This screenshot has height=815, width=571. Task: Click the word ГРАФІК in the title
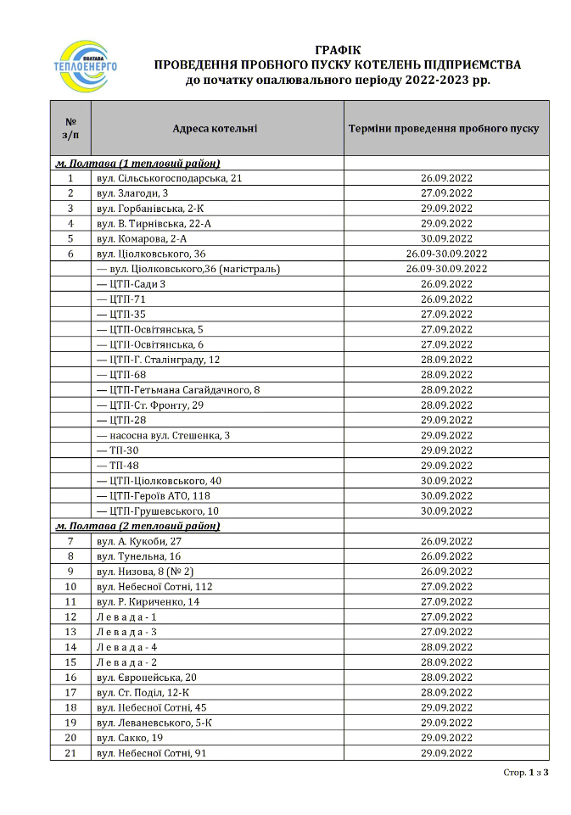(337, 50)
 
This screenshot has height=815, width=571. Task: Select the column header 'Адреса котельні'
(215, 129)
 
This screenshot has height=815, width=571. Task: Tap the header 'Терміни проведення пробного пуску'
(444, 129)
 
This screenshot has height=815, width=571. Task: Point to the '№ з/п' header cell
(70, 129)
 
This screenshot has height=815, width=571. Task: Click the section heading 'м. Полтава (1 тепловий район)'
(137, 163)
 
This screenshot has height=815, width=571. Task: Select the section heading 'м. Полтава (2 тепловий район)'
(137, 526)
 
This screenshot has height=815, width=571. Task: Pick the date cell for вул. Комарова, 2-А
(446, 238)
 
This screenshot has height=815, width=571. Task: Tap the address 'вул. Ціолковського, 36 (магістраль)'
(188, 269)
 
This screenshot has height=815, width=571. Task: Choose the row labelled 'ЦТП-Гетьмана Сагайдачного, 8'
(178, 390)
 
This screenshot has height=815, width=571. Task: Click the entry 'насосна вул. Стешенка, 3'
(164, 435)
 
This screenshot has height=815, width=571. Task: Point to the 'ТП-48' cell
(118, 466)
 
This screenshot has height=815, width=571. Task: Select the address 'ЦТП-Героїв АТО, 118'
(154, 495)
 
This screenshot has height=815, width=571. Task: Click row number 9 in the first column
(70, 571)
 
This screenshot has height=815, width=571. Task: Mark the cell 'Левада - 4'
(126, 646)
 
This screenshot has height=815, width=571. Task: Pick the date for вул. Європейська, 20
(446, 677)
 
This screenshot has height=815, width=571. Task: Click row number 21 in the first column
(70, 752)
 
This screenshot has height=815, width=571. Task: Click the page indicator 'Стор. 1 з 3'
(526, 773)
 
